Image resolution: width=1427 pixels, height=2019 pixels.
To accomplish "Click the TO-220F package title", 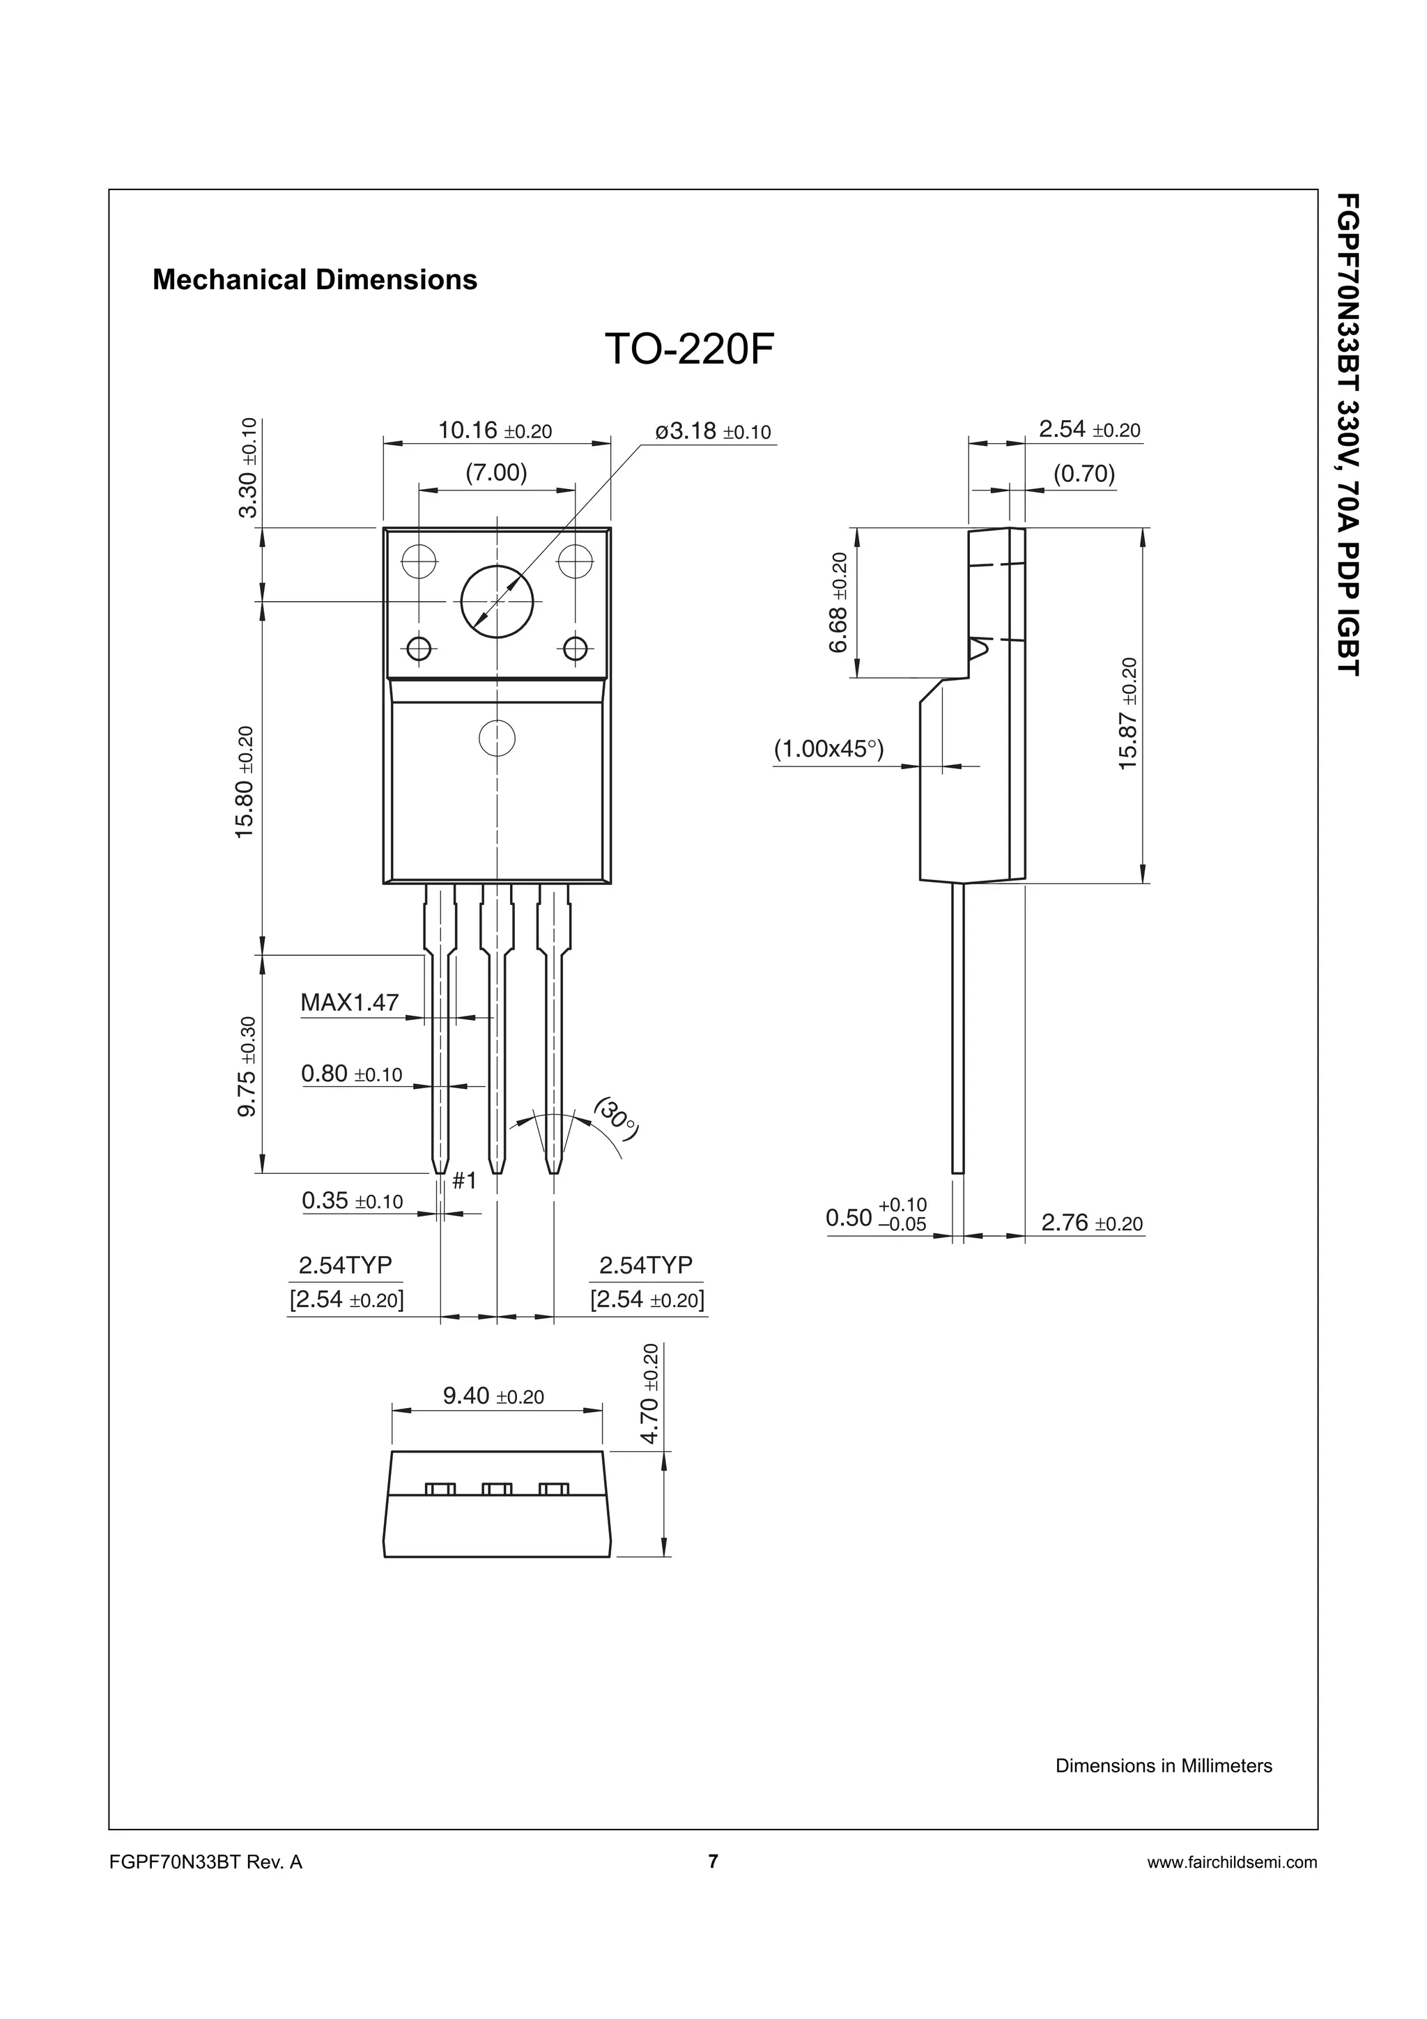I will pos(689,350).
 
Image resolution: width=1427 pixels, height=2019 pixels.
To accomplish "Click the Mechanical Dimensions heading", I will pos(315,279).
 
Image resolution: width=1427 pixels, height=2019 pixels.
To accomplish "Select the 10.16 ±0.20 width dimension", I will pos(494,430).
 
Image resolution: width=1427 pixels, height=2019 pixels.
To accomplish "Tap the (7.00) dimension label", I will pos(496,473).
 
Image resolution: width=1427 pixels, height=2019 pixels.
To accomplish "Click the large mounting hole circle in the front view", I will pos(497,601).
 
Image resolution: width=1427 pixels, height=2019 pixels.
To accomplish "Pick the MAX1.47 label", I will pos(349,1002).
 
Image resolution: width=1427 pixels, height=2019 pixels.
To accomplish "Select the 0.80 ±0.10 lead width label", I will pos(350,1073).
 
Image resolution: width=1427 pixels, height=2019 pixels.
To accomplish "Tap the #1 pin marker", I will pos(464,1180).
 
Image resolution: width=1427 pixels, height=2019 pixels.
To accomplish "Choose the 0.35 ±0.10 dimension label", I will pos(352,1200).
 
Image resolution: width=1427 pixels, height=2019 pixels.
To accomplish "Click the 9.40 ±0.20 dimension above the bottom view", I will pos(493,1395).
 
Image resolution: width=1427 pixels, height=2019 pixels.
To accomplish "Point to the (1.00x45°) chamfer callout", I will pos(828,749).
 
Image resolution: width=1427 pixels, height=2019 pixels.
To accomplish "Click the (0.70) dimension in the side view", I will pos(1084,474).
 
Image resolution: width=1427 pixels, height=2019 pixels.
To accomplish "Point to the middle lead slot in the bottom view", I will pos(497,1489).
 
